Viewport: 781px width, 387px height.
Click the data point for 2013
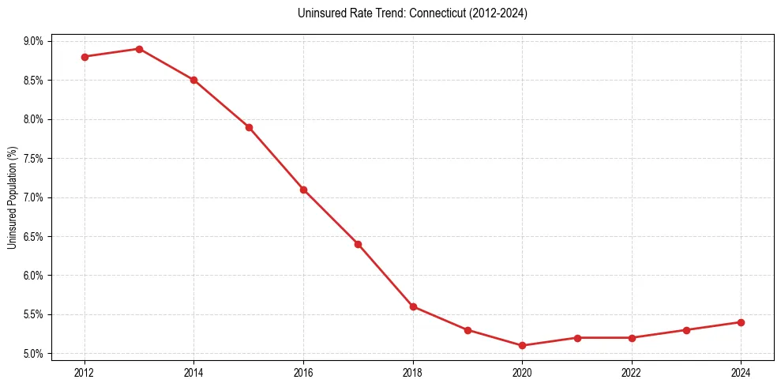coord(139,49)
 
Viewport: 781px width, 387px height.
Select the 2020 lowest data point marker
coord(522,346)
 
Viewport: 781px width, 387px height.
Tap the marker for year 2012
coord(84,57)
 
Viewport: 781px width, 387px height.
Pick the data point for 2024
coord(741,322)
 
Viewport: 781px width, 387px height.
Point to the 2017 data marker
coord(358,244)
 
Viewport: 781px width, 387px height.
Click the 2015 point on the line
coord(249,127)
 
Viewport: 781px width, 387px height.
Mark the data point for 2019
coord(467,330)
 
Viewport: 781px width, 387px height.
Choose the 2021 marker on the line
coord(577,338)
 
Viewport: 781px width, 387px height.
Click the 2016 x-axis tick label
coord(303,372)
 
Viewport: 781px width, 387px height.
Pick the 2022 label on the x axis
coord(632,372)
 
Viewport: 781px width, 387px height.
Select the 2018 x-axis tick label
coord(413,372)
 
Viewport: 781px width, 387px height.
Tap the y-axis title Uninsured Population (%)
coord(12,197)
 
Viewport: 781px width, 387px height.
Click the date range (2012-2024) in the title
coord(498,13)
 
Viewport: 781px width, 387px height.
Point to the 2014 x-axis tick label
coord(193,372)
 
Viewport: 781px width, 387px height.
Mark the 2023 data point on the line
coord(686,330)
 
